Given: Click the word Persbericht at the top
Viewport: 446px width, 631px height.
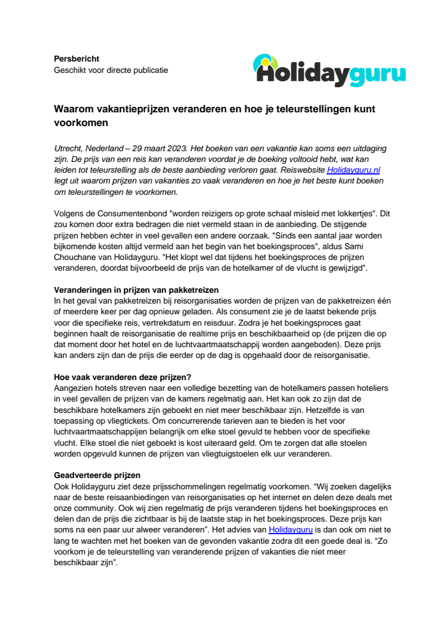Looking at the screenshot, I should pos(77,59).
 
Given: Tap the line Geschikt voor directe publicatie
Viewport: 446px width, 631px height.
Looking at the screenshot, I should pos(111,70).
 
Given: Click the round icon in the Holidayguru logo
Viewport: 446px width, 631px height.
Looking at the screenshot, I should pos(265,63).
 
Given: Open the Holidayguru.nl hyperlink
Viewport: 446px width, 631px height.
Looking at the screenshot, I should pos(353,170).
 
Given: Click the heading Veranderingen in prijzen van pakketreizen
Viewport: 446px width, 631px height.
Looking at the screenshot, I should pos(136,290).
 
